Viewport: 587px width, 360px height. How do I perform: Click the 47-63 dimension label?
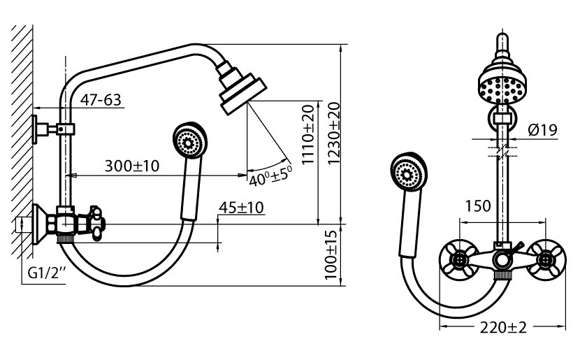tap(101, 100)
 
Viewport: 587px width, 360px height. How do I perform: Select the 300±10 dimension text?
tap(132, 166)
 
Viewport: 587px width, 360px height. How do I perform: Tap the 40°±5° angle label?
tap(270, 175)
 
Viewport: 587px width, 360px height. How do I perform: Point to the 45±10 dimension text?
tap(241, 207)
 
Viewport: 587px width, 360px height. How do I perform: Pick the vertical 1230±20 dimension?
tap(333, 133)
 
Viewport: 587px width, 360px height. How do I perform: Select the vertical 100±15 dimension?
tap(331, 254)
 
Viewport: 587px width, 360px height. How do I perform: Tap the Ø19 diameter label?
tap(542, 129)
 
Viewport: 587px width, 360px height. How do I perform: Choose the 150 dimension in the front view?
tap(478, 206)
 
